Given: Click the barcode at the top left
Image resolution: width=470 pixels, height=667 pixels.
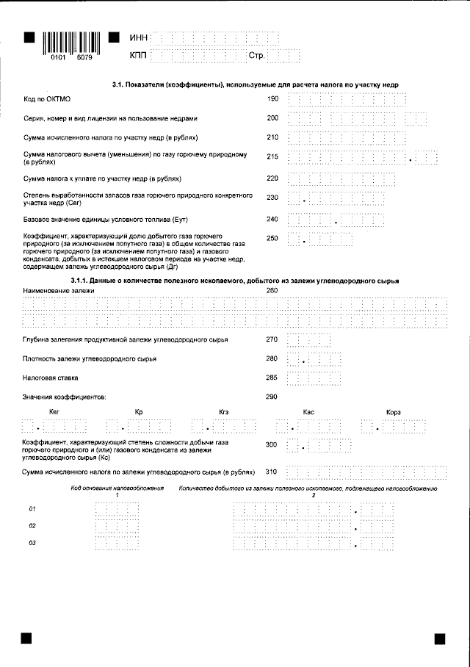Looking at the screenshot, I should click(71, 40).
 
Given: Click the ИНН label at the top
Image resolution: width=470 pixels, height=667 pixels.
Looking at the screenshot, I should click(138, 37).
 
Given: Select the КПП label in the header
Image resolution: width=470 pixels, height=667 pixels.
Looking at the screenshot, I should click(138, 55).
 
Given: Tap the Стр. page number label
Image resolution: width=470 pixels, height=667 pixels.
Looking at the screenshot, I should click(256, 55).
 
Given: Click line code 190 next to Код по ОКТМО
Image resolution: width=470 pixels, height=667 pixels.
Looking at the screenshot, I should click(272, 98).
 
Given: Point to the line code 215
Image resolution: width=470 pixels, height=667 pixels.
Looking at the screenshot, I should click(272, 156).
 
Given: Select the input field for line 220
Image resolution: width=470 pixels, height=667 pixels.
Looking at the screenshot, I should click(342, 179).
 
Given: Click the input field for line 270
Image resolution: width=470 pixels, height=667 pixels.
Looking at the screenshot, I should click(308, 340).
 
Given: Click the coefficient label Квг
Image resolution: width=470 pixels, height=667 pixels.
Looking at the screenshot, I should click(54, 412).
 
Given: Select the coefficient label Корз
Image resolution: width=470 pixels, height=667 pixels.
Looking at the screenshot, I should click(394, 412).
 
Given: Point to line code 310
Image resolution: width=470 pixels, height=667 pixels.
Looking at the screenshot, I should click(272, 472).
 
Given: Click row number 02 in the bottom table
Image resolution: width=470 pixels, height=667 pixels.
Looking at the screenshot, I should click(32, 526).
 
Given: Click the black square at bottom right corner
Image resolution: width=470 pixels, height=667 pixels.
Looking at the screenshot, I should click(440, 639).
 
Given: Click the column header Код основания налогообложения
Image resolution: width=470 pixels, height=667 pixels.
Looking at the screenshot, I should click(117, 488).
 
